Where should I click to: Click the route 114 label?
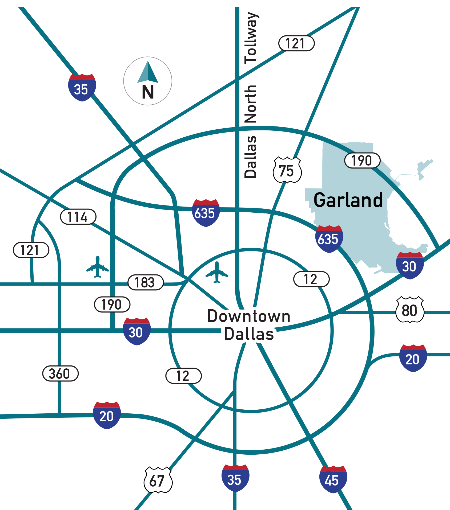(78, 217)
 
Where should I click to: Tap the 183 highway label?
(145, 282)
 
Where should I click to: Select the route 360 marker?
(60, 373)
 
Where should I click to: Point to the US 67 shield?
(158, 480)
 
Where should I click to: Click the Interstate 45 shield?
(333, 479)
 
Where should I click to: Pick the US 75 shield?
(287, 170)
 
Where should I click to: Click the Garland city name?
(348, 200)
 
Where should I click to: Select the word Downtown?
(249, 316)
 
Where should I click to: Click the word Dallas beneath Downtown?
(249, 334)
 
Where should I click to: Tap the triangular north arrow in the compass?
(148, 72)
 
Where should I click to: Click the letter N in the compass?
(148, 92)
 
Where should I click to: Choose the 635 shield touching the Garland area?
(329, 239)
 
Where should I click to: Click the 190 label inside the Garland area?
(362, 161)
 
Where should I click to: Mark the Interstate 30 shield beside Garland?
(410, 266)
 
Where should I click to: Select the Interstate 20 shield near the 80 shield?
(413, 358)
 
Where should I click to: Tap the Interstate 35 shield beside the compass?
(82, 88)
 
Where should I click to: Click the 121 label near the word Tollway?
(296, 43)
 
